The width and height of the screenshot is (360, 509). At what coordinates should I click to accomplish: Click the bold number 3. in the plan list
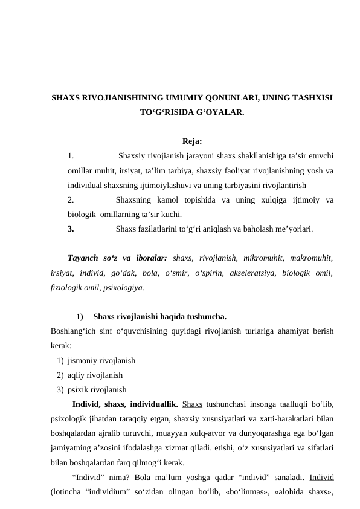(x=71, y=229)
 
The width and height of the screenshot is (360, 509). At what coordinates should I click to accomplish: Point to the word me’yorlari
(x=292, y=229)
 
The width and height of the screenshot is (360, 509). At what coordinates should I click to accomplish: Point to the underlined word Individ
(x=321, y=478)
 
